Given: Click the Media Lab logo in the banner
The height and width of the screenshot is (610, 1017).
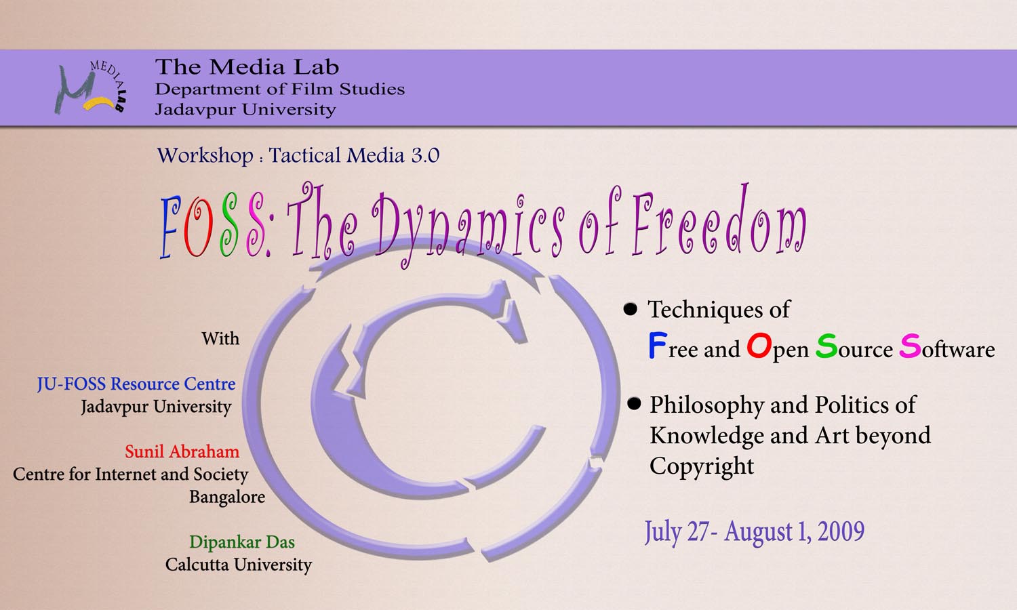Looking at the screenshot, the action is [x=90, y=87].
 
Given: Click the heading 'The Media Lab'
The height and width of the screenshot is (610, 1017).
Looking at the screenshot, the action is [x=247, y=67].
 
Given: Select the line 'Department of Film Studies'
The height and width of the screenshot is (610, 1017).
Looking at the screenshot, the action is [x=279, y=89].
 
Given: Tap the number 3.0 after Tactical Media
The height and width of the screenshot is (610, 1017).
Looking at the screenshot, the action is [x=425, y=155].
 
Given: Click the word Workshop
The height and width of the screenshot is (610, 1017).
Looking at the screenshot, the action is [x=205, y=156].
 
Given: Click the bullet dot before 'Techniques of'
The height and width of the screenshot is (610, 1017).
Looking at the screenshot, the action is [x=630, y=309].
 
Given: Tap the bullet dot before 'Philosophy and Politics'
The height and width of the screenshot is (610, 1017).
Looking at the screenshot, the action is [x=634, y=403].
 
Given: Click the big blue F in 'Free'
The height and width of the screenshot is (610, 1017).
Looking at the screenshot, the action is [x=658, y=346].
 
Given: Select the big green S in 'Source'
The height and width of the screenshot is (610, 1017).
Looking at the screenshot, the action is [x=826, y=346].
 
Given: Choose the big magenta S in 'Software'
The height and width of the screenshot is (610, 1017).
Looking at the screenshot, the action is [x=910, y=346].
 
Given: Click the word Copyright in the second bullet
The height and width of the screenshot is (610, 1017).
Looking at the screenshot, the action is [x=702, y=466].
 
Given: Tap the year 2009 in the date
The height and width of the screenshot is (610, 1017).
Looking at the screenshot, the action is [x=841, y=531].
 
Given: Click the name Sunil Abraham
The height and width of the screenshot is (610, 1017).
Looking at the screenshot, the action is [x=182, y=451].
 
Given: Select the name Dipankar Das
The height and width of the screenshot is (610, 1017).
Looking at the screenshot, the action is [x=242, y=542].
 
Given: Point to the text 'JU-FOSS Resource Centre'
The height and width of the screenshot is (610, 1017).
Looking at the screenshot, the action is [x=136, y=384].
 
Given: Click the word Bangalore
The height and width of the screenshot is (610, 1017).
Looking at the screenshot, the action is [x=227, y=497].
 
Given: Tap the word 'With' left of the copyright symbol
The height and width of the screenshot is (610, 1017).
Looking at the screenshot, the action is [x=220, y=339].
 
